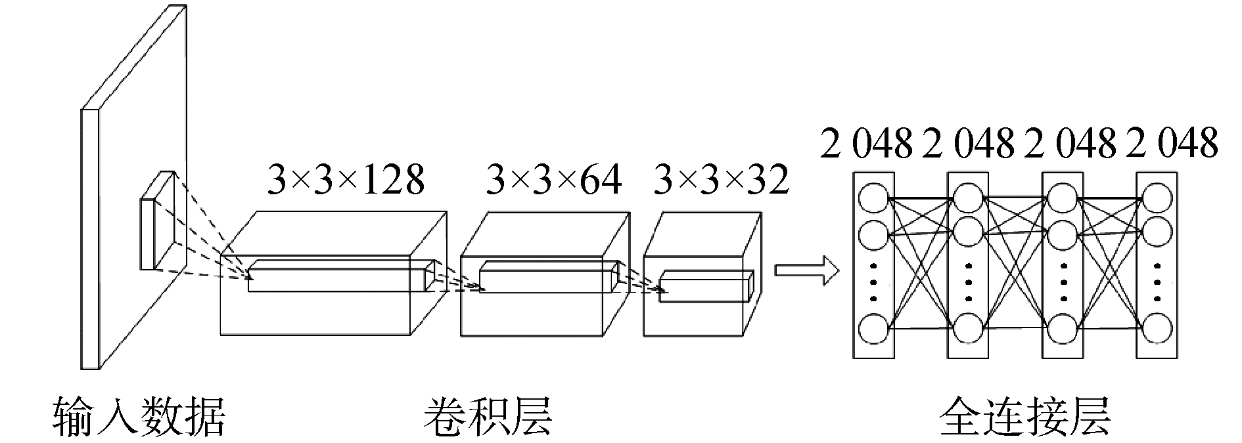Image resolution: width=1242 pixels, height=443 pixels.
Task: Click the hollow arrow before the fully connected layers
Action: pos(807,270)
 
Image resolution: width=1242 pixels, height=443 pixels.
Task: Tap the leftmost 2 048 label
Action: pos(867,142)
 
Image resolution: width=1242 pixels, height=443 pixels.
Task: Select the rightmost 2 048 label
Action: pos(1172,142)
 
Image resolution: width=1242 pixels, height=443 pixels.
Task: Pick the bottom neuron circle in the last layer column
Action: pos(1158,329)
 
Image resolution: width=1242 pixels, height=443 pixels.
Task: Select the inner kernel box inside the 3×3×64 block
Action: pos(549,276)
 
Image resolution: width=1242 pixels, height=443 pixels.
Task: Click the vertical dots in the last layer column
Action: pos(1158,282)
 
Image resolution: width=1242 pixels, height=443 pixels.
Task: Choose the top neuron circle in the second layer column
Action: pos(968,198)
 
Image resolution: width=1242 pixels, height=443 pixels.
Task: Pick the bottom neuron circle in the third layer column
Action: pos(1063,329)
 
